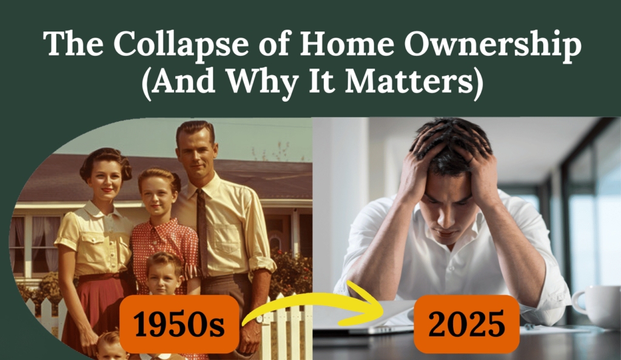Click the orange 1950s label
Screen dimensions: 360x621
coord(179,324)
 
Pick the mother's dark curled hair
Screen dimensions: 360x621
coord(104,159)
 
